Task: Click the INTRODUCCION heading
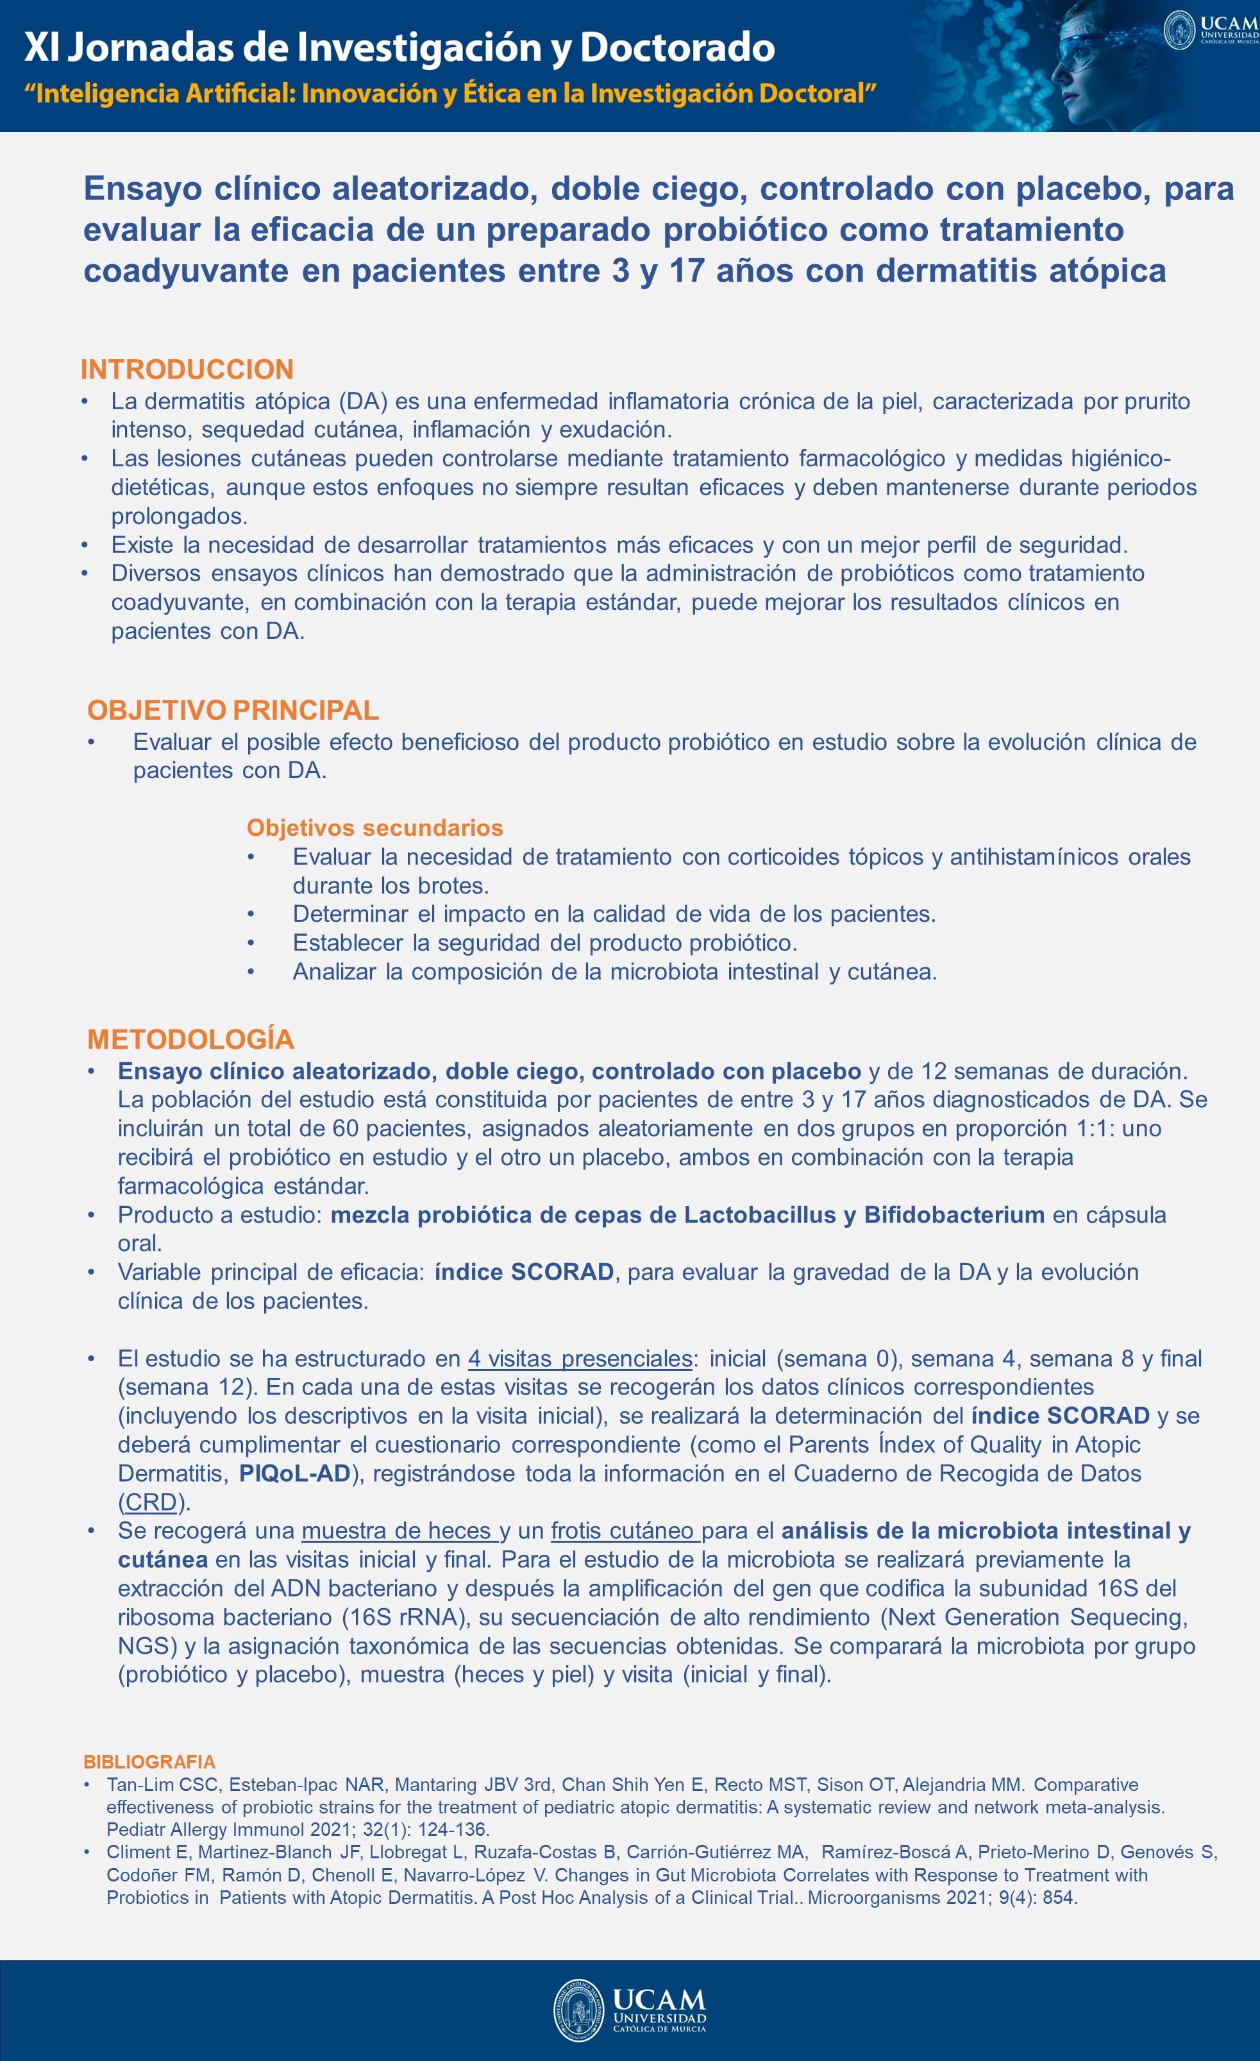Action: tap(187, 369)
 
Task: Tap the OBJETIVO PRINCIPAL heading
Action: tap(232, 709)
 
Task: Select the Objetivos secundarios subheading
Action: tap(374, 827)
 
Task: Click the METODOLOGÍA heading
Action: tap(190, 1039)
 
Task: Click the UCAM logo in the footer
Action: tap(630, 2009)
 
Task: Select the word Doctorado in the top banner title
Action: tap(676, 47)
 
